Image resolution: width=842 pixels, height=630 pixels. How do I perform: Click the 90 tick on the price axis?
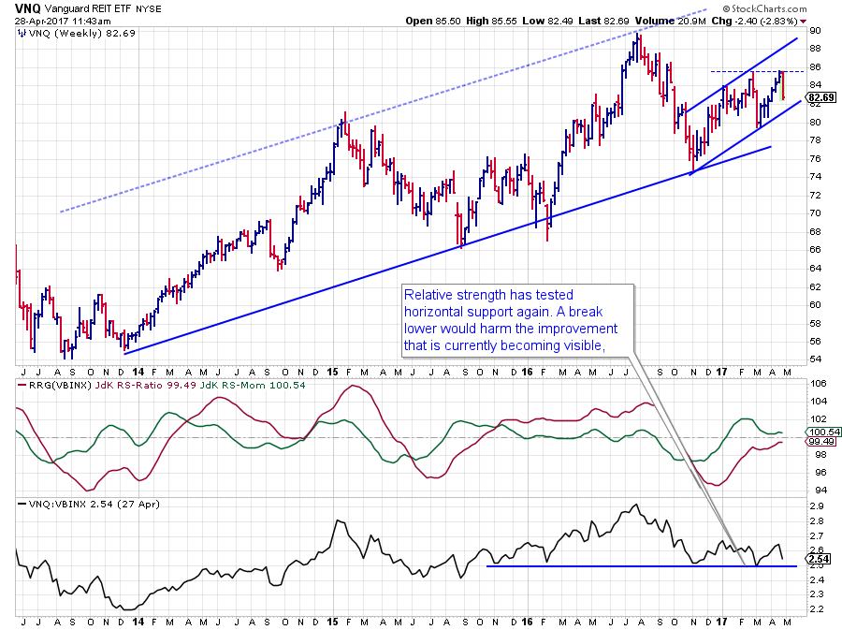click(x=815, y=31)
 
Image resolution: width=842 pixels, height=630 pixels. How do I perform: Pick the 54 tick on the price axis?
click(x=815, y=359)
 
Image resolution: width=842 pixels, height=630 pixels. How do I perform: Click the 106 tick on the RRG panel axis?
click(x=817, y=384)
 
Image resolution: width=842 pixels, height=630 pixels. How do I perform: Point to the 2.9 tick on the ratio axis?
click(x=815, y=505)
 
